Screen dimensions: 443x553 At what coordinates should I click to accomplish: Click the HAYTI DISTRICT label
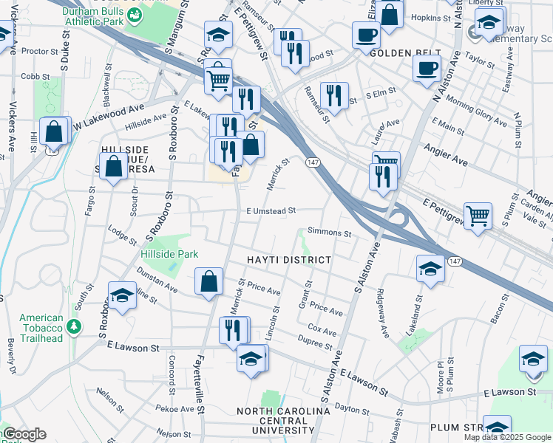[x=288, y=261]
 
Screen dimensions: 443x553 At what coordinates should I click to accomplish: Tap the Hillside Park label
[x=169, y=254]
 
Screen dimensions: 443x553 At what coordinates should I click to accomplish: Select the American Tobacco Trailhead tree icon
[x=72, y=326]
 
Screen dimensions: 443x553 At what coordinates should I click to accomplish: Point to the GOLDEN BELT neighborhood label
[x=400, y=54]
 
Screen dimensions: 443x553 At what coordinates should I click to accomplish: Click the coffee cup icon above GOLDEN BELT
[x=365, y=34]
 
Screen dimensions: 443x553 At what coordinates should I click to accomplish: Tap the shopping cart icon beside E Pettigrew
[x=478, y=216]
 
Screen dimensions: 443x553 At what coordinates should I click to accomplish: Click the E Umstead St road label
[x=271, y=210]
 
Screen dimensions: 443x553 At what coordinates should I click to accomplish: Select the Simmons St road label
[x=329, y=233]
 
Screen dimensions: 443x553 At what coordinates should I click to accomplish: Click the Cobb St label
[x=30, y=76]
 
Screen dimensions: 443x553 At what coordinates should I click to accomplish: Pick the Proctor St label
[x=40, y=52]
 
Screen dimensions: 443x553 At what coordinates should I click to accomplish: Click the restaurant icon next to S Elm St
[x=336, y=95]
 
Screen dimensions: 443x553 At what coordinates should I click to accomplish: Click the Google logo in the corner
[x=24, y=435]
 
